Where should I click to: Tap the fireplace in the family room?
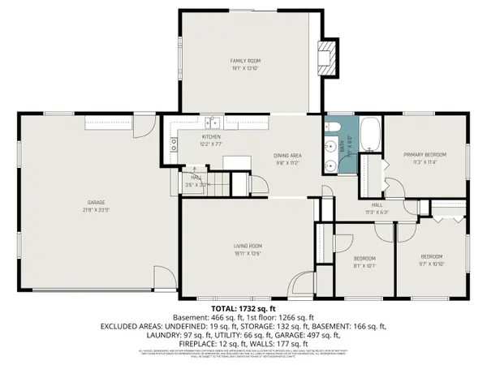click(x=325, y=56)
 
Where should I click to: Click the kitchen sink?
click(x=213, y=122)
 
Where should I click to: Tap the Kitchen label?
click(x=211, y=137)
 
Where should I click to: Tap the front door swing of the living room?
click(x=302, y=284)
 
